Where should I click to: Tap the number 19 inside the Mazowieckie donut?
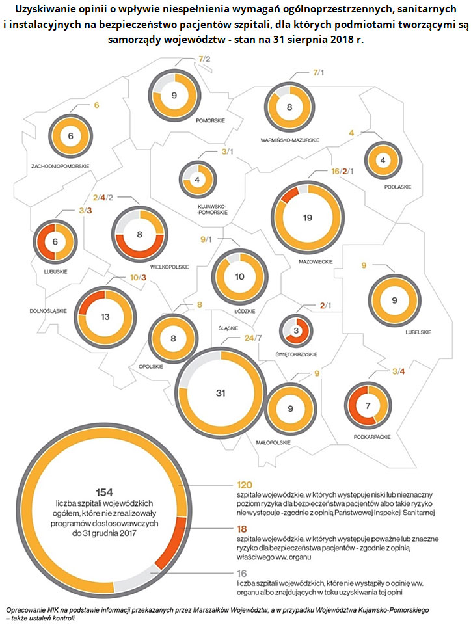coord(308,218)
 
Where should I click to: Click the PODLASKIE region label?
coord(397,187)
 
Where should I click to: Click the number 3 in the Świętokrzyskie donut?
coord(296,332)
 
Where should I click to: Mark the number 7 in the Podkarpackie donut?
coord(368,406)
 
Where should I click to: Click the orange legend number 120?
coord(245,485)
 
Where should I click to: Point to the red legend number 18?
coord(243,530)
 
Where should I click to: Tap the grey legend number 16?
coord(243,574)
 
